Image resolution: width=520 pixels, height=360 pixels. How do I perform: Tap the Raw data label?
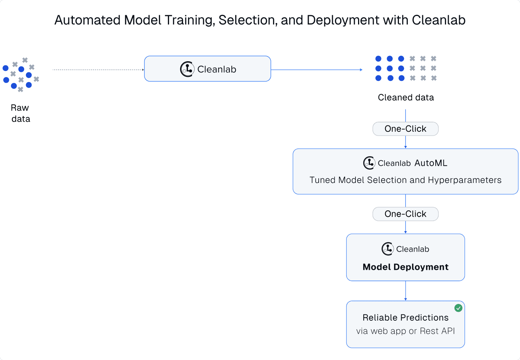click(20, 113)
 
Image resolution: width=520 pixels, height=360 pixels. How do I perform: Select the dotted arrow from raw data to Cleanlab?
click(98, 70)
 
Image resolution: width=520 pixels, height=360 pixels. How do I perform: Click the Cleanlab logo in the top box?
click(187, 69)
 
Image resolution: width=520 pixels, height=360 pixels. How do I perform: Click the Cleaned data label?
click(406, 98)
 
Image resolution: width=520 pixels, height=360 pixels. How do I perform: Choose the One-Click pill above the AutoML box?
click(406, 129)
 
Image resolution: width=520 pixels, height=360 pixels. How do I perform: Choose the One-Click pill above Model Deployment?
click(406, 214)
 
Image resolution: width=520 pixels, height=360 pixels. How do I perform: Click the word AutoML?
click(431, 163)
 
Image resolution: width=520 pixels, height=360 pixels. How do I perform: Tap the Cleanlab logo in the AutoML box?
click(369, 163)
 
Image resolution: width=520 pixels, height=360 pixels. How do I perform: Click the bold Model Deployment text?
click(406, 267)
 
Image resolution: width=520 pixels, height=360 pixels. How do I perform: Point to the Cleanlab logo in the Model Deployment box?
click(387, 249)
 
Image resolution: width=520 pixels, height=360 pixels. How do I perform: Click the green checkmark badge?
click(458, 308)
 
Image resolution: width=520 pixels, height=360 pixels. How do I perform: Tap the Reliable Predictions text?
click(406, 318)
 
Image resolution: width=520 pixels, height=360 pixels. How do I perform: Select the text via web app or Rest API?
click(406, 331)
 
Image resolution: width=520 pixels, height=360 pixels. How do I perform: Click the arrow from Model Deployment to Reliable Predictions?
click(406, 291)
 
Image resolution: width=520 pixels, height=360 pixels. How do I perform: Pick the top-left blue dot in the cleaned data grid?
click(378, 59)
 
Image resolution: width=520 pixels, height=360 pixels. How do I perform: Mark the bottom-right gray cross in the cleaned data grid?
click(434, 78)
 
